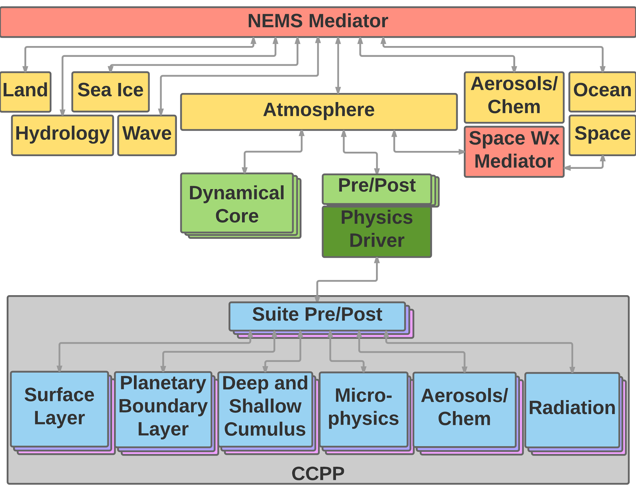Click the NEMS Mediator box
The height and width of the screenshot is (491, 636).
[x=318, y=22]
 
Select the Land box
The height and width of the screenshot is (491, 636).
[x=25, y=92]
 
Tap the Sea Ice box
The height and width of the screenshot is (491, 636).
[x=111, y=92]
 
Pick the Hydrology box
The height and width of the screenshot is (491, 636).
[x=62, y=135]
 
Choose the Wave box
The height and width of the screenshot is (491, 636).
[x=147, y=135]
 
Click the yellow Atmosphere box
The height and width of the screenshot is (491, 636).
[x=319, y=112]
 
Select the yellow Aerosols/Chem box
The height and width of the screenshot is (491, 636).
[x=514, y=97]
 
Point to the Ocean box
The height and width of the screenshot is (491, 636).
[x=602, y=92]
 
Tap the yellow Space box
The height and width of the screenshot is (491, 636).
[x=602, y=135]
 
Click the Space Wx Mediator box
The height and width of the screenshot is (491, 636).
[x=514, y=152]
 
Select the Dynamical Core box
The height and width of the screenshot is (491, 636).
[x=237, y=203]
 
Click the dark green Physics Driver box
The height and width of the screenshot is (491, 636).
[x=377, y=232]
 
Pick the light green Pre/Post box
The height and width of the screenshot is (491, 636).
[x=377, y=189]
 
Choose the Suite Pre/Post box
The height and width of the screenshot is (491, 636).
[x=317, y=317]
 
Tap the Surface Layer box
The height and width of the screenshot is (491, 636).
[x=59, y=409]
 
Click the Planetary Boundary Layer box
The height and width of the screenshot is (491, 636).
[x=163, y=410]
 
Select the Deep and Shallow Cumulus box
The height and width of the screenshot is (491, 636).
[x=266, y=410]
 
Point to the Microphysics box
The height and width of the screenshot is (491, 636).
[x=363, y=410]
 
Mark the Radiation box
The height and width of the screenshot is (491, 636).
[x=572, y=410]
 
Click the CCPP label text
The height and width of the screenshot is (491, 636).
[x=318, y=474]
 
